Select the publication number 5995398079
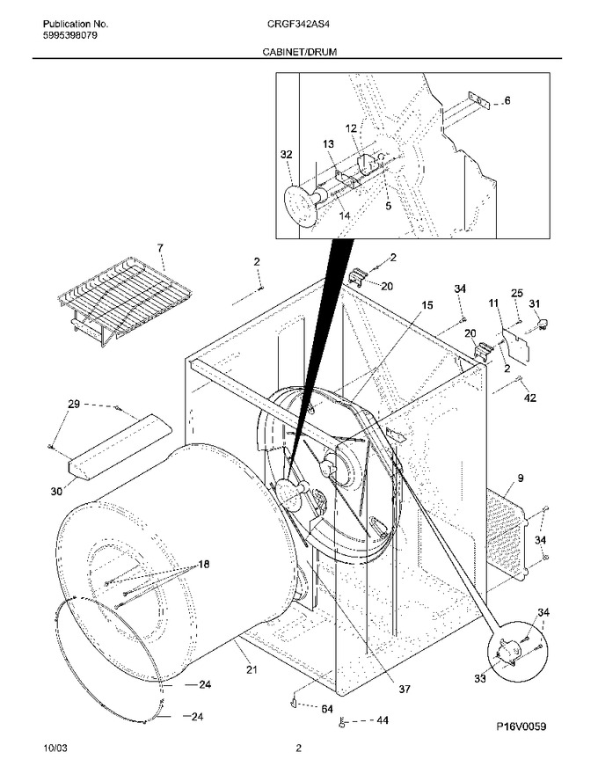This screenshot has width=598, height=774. click(x=70, y=35)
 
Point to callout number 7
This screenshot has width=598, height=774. click(x=160, y=248)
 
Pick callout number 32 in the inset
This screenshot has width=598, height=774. click(x=286, y=155)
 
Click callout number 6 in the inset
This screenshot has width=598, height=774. click(x=507, y=100)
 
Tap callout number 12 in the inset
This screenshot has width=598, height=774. click(x=351, y=128)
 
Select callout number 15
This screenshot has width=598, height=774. click(x=427, y=305)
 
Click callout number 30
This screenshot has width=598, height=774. click(x=57, y=491)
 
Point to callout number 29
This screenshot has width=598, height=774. click(x=74, y=405)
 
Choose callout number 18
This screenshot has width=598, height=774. click(x=204, y=564)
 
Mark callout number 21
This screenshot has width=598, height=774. click(x=252, y=669)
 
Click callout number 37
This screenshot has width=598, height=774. click(x=405, y=689)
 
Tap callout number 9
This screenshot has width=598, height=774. click(x=521, y=478)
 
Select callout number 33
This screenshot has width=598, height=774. click(x=480, y=679)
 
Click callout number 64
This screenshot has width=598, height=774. click(x=327, y=709)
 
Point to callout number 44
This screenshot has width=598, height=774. click(x=383, y=720)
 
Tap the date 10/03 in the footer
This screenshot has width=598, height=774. click(x=55, y=748)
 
